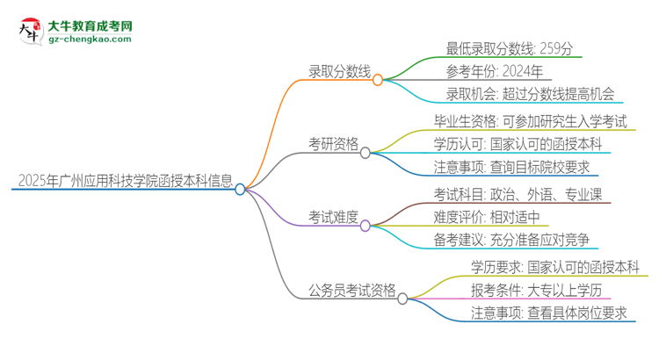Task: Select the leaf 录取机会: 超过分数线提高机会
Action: [518, 94]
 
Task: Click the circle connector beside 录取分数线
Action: [378, 80]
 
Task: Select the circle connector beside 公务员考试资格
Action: [402, 299]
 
